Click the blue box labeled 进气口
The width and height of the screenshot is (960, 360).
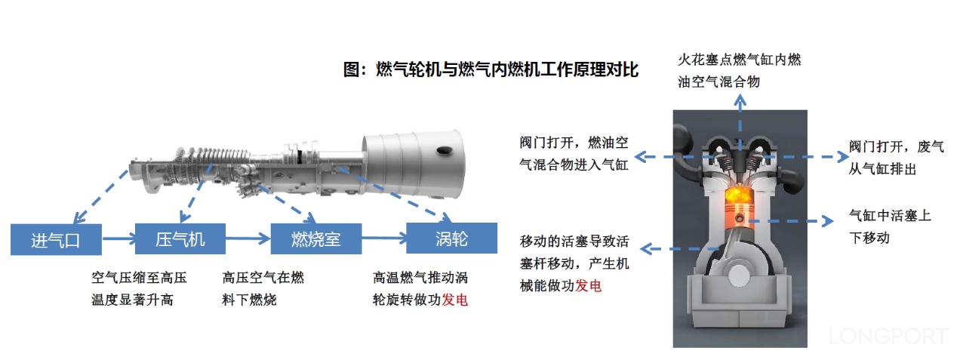pos(55,239)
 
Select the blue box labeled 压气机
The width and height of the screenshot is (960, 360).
pos(180,239)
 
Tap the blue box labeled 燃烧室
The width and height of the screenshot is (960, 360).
pos(315,239)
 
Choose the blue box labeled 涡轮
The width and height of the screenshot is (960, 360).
pos(451,238)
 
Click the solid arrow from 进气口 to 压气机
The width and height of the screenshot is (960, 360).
pos(118,239)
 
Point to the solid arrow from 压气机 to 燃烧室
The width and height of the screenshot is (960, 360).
pos(248,239)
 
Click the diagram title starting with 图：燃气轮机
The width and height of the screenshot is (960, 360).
pos(491,70)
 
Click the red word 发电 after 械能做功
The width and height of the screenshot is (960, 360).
pos(589,286)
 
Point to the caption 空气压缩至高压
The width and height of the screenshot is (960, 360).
pos(139,278)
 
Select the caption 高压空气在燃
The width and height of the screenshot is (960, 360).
pos(263,278)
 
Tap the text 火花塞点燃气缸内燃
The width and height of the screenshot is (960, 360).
pos(739,60)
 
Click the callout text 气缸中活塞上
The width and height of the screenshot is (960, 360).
pos(890,216)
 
